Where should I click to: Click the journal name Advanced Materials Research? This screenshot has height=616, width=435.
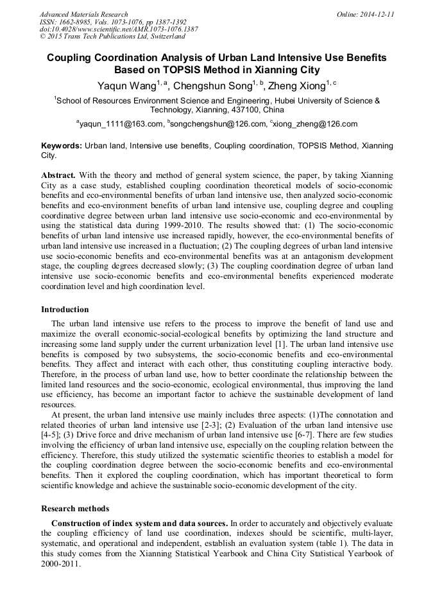[x=83, y=14]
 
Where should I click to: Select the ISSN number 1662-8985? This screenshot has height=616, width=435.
[x=76, y=22]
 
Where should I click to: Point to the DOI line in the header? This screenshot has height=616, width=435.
[x=119, y=29]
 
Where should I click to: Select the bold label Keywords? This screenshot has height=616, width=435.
[x=62, y=146]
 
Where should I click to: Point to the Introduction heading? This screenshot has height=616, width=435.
[x=65, y=309]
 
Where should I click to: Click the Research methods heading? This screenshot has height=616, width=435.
[x=75, y=508]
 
